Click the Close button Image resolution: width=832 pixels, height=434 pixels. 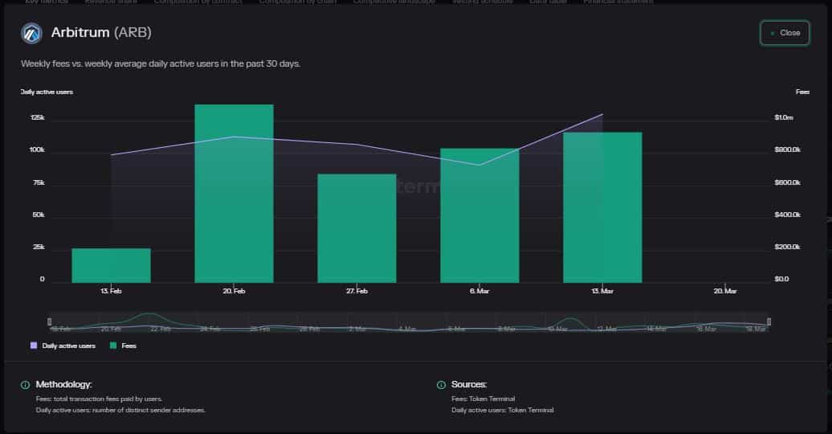coord(785,33)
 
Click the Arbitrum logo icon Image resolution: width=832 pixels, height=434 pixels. coord(31,33)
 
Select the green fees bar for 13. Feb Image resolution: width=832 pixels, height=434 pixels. coord(111,265)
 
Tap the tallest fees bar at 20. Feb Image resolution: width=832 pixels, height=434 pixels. coord(234,194)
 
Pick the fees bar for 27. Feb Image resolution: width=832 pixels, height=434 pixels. coord(357,228)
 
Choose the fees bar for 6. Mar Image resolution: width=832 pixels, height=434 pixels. coord(479,215)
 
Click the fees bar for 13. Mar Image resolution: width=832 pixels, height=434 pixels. coord(602,207)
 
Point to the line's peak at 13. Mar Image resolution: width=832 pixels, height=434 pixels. coord(602,114)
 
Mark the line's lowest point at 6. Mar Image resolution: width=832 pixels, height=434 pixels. coord(479,165)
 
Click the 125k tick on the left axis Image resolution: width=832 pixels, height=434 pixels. coord(37,118)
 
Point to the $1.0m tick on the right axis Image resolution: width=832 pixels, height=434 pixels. coord(783,118)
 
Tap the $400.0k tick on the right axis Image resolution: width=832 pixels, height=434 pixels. coord(786,215)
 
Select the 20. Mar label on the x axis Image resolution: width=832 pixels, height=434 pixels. coord(724,291)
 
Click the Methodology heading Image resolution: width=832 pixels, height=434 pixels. coord(63,385)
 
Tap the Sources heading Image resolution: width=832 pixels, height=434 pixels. coord(469,385)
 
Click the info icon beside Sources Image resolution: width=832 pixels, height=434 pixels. coord(441,385)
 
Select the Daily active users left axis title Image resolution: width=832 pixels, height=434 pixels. coord(47,92)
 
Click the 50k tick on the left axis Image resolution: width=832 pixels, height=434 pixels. coord(37,215)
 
